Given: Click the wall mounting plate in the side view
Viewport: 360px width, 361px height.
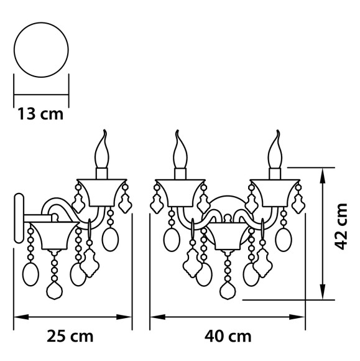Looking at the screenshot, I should click(x=19, y=220).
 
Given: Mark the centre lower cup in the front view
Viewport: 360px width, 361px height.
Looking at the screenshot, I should click(x=228, y=237).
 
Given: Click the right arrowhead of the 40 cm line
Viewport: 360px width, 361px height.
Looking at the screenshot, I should click(x=302, y=317).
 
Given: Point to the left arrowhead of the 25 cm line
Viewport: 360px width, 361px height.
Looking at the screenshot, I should click(x=17, y=317).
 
